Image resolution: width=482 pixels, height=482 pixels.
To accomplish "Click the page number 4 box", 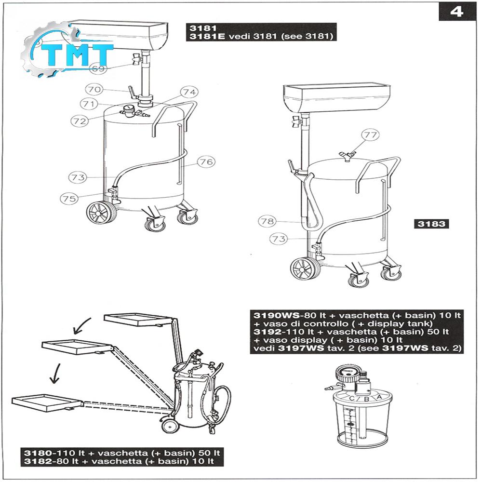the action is [x=457, y=12].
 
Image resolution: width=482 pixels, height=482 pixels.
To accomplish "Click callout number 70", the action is [x=94, y=90].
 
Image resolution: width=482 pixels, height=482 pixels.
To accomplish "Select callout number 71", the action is [x=89, y=104].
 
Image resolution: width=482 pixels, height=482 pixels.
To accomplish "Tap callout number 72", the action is [x=80, y=121].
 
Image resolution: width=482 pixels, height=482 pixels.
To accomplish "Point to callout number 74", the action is [x=189, y=92].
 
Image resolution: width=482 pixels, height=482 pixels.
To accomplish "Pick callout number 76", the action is [x=206, y=161].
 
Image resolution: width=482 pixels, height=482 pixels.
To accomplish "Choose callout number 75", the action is [x=69, y=198].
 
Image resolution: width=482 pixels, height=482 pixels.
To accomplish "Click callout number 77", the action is [x=370, y=134].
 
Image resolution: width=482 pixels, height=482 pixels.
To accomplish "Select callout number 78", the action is [x=267, y=221].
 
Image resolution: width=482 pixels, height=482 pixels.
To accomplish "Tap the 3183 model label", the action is [x=431, y=224].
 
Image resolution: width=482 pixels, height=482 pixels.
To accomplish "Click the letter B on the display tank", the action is [x=366, y=399].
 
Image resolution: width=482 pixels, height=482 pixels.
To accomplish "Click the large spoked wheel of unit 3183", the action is [x=304, y=269].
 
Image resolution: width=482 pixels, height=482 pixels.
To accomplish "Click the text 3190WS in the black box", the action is [x=276, y=315].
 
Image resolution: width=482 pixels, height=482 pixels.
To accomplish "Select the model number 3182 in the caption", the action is [x=38, y=461].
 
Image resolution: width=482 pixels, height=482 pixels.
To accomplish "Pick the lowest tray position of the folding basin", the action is [x=48, y=403].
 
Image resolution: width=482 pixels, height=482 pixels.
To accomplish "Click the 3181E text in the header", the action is [x=207, y=36].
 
